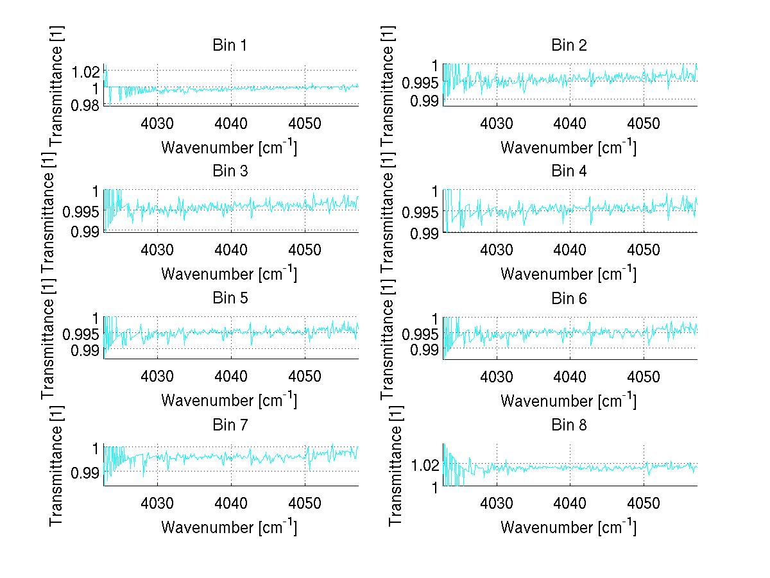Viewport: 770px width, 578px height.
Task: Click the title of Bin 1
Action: (x=229, y=46)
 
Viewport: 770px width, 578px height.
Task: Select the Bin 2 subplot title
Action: (x=569, y=46)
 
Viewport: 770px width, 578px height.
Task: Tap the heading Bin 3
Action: (x=229, y=171)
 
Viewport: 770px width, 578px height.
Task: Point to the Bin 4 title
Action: (x=569, y=171)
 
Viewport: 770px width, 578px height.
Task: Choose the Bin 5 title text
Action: (x=229, y=298)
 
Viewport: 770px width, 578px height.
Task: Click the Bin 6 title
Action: (x=569, y=298)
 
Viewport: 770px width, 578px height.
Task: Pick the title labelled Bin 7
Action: (x=229, y=425)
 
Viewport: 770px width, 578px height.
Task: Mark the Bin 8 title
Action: (x=569, y=425)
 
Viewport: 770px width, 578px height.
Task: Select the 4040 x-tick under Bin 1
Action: (x=231, y=123)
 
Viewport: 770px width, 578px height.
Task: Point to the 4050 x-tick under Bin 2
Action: (x=644, y=123)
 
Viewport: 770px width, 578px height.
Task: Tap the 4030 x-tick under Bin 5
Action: (x=157, y=376)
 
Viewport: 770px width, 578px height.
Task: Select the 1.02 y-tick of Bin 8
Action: (x=424, y=465)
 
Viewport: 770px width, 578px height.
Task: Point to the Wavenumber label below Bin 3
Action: (x=229, y=273)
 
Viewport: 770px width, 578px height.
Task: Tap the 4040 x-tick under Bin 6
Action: (x=570, y=376)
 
